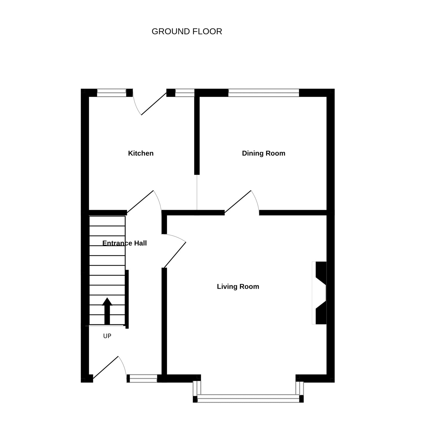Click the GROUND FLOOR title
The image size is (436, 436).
coord(187,32)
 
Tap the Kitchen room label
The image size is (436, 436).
coord(141,153)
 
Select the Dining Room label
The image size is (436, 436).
coord(264,153)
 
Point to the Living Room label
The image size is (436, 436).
coord(238,286)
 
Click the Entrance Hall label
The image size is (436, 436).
coord(125,243)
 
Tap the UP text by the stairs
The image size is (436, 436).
coord(107,336)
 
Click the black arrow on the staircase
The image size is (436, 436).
coord(107,311)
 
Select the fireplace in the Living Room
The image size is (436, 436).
coord(319,293)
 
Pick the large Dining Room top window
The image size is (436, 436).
coord(264,93)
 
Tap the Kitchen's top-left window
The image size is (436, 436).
coord(112,93)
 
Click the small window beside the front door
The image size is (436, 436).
coord(142,378)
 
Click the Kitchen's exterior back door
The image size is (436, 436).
coord(154,104)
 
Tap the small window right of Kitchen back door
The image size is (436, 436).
coord(185,93)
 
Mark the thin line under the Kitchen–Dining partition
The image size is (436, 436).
coord(197,192)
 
